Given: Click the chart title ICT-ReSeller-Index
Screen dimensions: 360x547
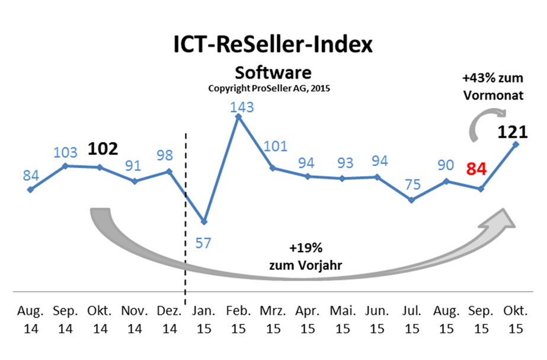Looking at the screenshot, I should coord(273,44).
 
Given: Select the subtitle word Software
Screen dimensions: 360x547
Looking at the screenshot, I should coord(273,73).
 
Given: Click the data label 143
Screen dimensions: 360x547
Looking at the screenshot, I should coord(242,107).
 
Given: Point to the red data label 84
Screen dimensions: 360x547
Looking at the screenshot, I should coord(476,170).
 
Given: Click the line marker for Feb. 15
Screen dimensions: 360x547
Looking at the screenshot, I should coord(238,117).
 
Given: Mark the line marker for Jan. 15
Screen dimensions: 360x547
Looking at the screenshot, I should coord(204,222).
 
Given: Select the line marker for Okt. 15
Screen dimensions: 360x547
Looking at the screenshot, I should coord(516,144).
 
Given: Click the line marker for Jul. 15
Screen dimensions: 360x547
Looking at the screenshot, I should coord(412,200).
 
